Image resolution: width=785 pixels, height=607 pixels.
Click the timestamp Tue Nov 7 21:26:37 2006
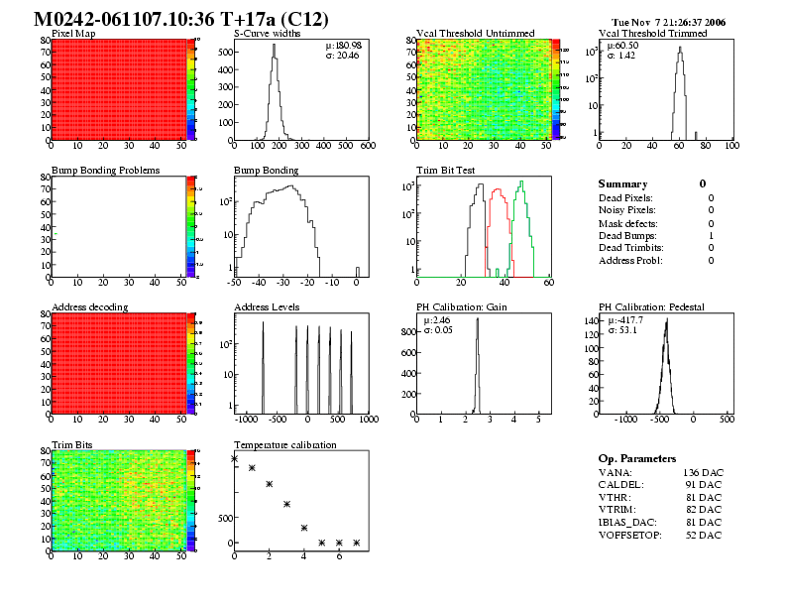(x=669, y=22)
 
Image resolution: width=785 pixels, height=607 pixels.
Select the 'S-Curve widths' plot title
(x=265, y=33)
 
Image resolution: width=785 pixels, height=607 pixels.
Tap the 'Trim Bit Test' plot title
(x=445, y=170)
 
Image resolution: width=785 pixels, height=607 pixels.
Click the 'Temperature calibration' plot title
(x=284, y=444)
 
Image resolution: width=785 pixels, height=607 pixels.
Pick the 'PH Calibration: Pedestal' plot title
(x=651, y=306)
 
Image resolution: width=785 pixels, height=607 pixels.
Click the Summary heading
(x=622, y=183)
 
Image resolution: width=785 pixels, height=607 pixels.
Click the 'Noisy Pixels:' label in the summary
(x=627, y=209)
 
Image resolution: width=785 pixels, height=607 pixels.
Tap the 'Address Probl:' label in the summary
(x=630, y=261)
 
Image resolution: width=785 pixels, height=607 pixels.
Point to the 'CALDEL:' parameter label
(x=622, y=484)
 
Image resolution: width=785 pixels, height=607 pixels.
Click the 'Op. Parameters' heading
(x=637, y=458)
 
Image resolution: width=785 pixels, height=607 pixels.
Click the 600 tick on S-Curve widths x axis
(x=367, y=146)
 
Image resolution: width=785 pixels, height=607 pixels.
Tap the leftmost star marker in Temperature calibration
(x=235, y=458)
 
